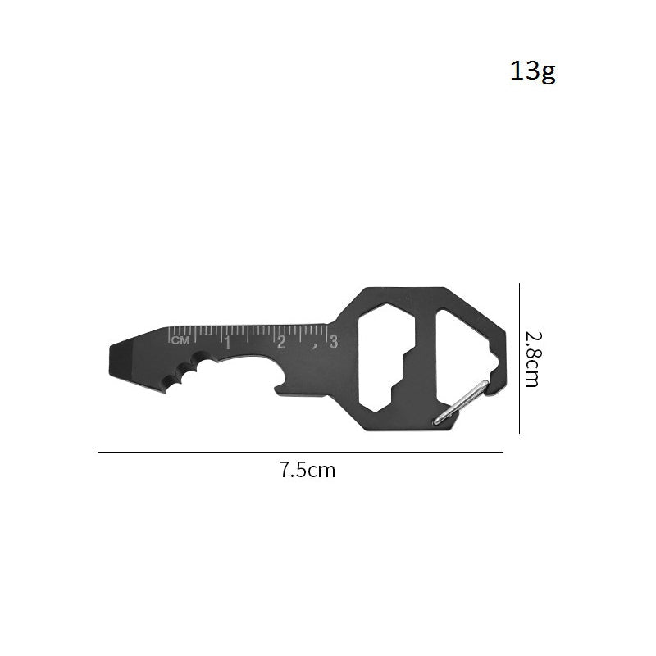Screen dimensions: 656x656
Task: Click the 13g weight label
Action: click(533, 71)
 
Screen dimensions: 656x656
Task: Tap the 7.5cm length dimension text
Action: click(307, 471)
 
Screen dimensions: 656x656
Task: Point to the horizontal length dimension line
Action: click(300, 452)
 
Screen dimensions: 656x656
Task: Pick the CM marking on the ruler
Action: click(180, 339)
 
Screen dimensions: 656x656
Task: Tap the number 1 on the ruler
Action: click(227, 342)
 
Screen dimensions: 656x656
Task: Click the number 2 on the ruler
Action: click(281, 342)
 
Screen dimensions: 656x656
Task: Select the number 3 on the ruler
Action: click(332, 342)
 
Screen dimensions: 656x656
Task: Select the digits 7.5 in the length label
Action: click(293, 471)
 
